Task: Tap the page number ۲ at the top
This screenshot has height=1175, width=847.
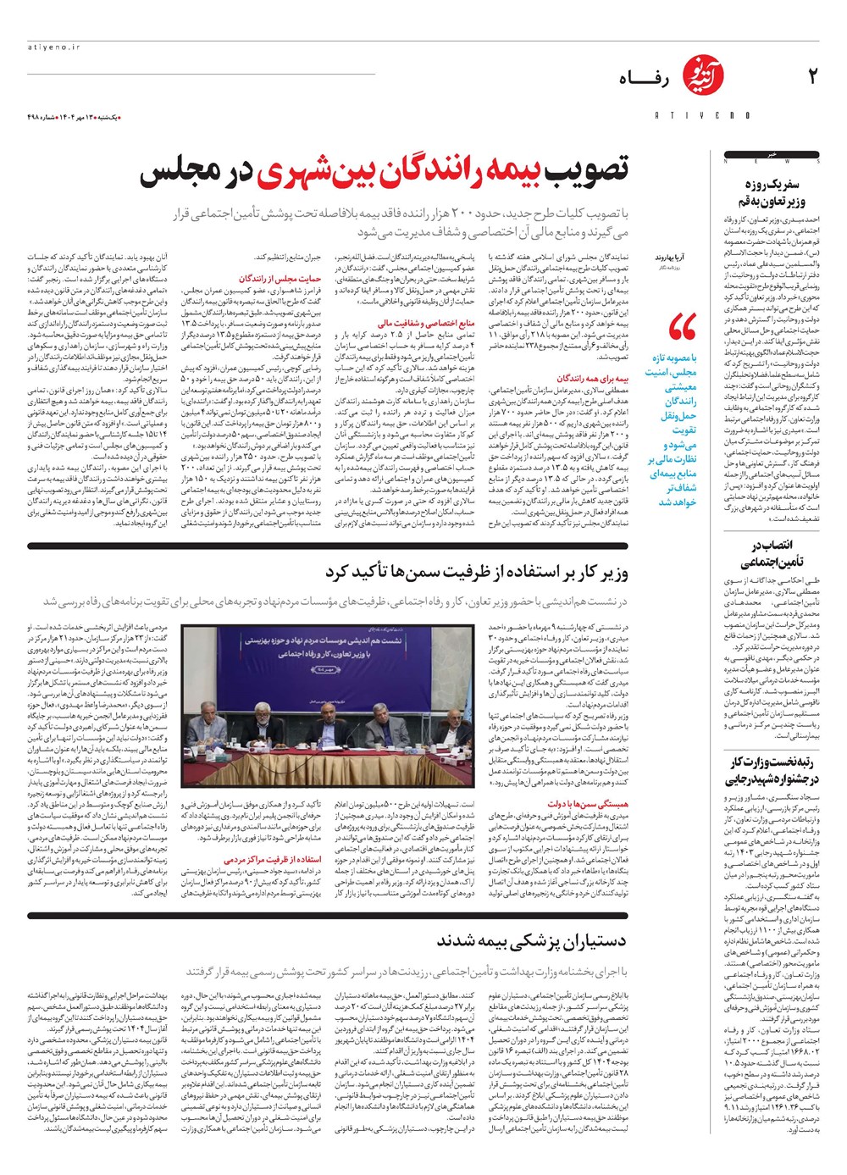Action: click(811, 77)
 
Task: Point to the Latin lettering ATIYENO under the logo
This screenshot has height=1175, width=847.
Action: click(690, 115)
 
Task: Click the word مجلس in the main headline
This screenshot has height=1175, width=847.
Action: click(184, 172)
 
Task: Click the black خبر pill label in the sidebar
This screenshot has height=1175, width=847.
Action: click(771, 155)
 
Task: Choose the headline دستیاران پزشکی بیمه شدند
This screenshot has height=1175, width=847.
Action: click(532, 940)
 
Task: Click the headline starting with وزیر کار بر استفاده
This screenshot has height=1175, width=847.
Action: click(477, 574)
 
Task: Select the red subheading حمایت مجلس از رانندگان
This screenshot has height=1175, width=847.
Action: click(268, 278)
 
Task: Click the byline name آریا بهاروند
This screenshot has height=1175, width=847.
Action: click(669, 256)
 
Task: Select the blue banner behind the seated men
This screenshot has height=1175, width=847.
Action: click(326, 648)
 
